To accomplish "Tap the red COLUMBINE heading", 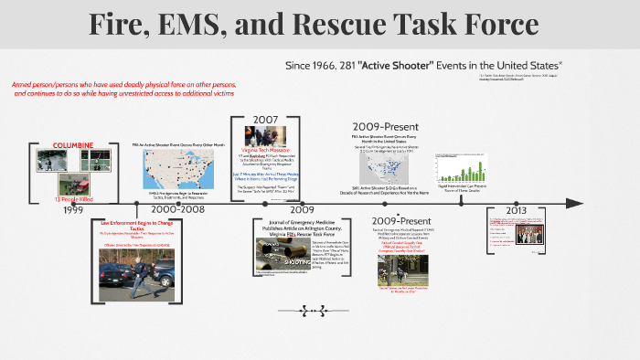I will [x=72, y=145].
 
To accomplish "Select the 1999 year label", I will [x=73, y=210].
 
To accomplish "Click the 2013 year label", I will [x=515, y=209].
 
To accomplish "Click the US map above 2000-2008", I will [x=178, y=169].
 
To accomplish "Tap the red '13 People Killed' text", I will [x=73, y=199].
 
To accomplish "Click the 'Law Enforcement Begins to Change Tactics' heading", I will [x=137, y=225].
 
